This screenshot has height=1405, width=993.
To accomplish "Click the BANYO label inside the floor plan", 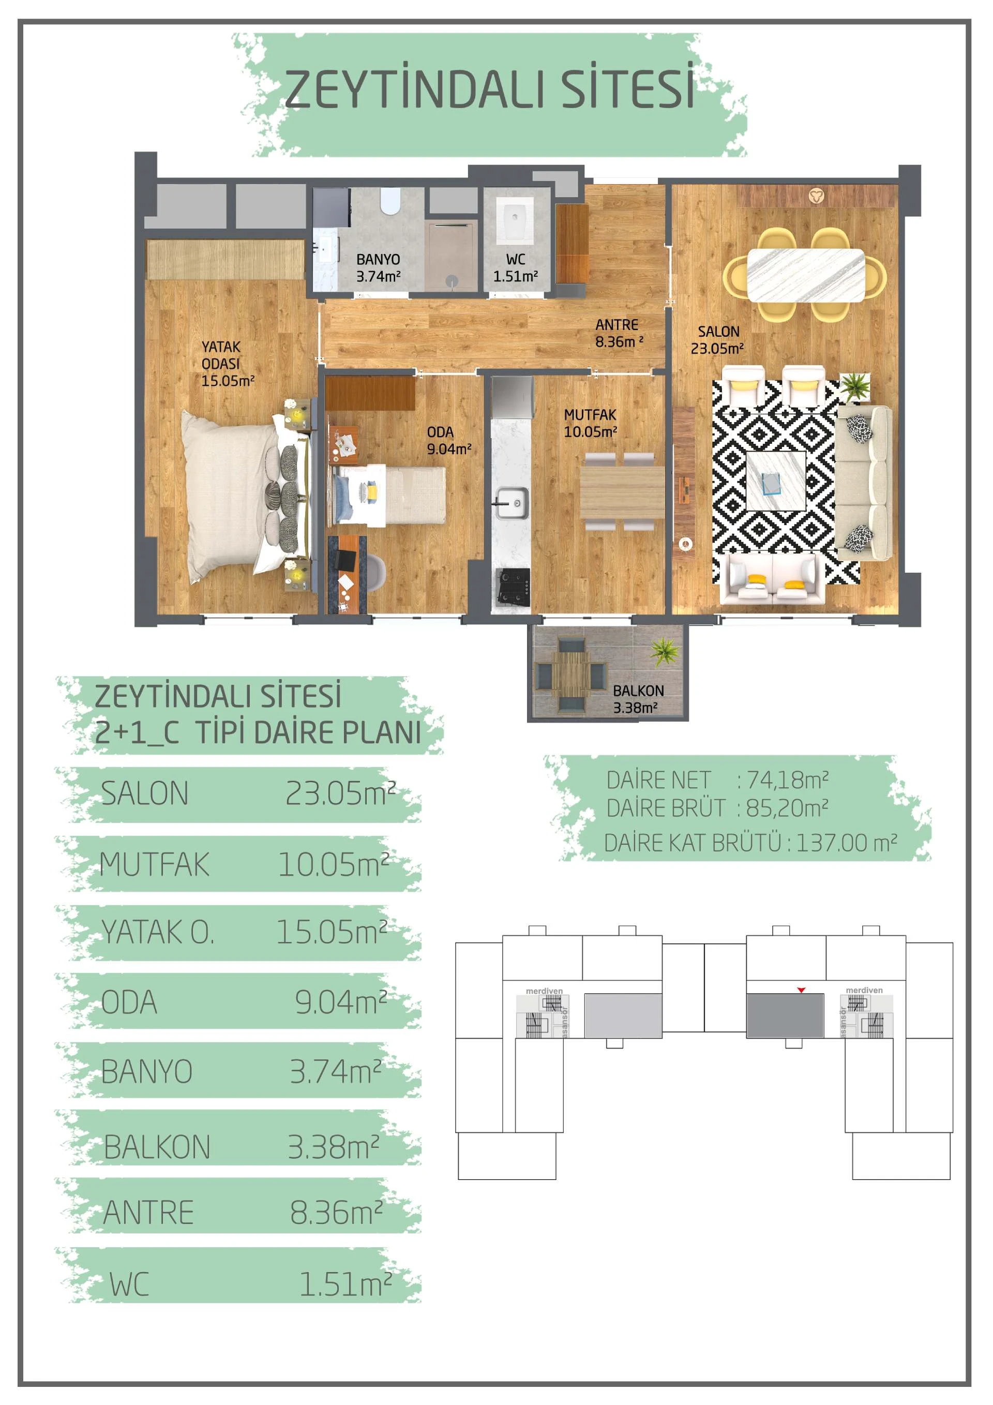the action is (378, 260).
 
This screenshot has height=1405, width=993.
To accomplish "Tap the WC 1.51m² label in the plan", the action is (516, 268).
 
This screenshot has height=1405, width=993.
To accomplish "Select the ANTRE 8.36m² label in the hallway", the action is (619, 334).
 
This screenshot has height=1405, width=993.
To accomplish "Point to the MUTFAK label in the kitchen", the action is (590, 414).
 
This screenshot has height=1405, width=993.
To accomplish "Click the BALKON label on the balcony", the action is (638, 691).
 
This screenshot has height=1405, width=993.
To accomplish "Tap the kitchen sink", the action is (511, 503).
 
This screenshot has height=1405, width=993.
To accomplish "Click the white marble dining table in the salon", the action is (806, 275).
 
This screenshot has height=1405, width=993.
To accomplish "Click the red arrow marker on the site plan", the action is (801, 990).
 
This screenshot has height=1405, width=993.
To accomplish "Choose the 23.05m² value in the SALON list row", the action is (340, 793).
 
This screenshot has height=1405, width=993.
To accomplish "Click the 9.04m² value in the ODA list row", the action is (341, 1002).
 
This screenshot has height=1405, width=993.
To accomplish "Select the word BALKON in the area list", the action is (157, 1147).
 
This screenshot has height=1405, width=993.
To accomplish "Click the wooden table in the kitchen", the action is (622, 492).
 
